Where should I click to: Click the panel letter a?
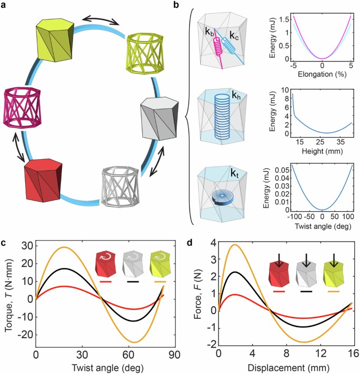click(5, 5)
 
